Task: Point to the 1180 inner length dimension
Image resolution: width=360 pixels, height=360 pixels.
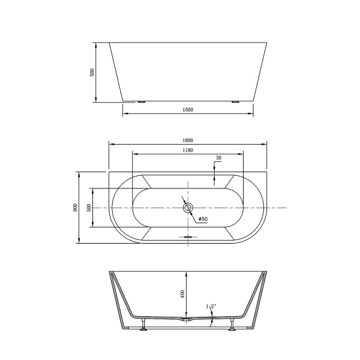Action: pyautogui.click(x=187, y=150)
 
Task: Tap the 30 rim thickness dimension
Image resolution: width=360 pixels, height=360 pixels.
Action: pyautogui.click(x=218, y=158)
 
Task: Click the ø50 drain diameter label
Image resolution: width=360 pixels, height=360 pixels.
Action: pyautogui.click(x=203, y=219)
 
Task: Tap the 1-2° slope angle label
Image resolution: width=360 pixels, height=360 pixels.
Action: pyautogui.click(x=211, y=307)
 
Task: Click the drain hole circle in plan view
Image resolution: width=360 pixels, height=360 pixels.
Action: pyautogui.click(x=188, y=208)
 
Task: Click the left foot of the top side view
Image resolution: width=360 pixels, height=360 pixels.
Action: pyautogui.click(x=142, y=102)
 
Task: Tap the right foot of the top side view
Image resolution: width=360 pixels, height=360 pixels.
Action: pyautogui.click(x=235, y=102)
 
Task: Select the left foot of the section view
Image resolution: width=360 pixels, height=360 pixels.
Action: pyautogui.click(x=143, y=328)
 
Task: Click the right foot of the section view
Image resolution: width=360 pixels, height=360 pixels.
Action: pyautogui.click(x=232, y=328)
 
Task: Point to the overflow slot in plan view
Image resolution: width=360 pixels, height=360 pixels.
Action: pyautogui.click(x=188, y=236)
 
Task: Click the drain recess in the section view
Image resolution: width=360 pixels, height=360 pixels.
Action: pyautogui.click(x=188, y=320)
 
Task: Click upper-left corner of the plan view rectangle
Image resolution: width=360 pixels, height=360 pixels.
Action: pyautogui.click(x=109, y=170)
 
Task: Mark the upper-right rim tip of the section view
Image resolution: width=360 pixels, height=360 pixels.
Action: pyautogui.click(x=267, y=272)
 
